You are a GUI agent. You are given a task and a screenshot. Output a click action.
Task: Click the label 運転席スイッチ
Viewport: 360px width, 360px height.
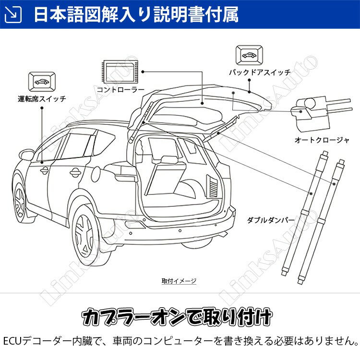coord(42,100)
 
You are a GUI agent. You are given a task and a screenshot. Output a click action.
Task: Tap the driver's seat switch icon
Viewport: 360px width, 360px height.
coord(42,81)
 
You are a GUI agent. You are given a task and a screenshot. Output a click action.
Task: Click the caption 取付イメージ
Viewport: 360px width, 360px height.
coord(179,281)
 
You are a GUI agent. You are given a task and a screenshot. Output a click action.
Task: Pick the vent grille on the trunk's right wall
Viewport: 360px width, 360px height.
coord(211,184)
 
